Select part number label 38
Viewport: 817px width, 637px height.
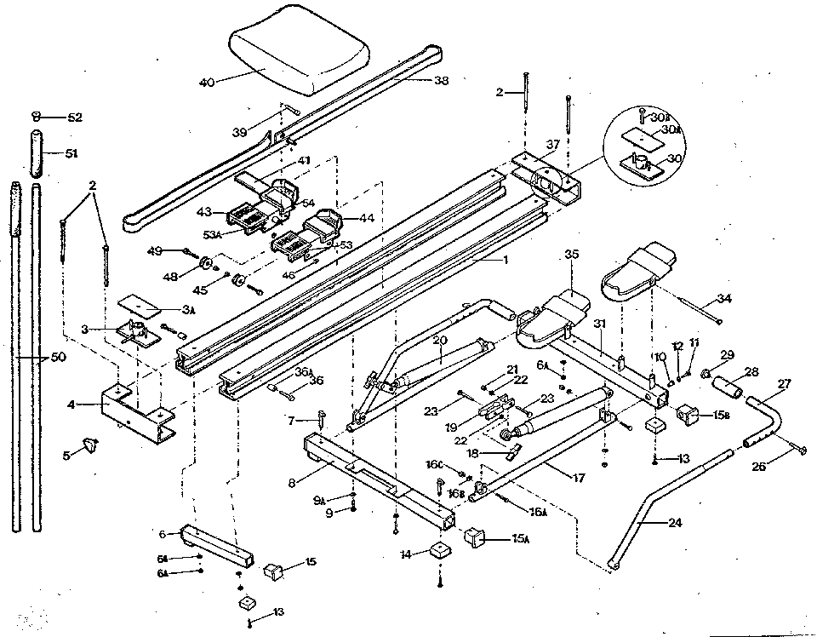[x=440, y=82]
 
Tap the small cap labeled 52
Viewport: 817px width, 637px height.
[x=37, y=117]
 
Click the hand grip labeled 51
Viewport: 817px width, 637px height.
[x=36, y=152]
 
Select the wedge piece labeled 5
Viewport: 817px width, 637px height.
[x=90, y=445]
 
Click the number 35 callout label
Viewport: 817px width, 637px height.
[x=570, y=254]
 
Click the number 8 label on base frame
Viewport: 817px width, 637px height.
[x=292, y=482]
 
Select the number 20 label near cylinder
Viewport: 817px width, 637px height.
[x=439, y=340]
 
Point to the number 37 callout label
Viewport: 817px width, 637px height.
[x=554, y=144]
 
